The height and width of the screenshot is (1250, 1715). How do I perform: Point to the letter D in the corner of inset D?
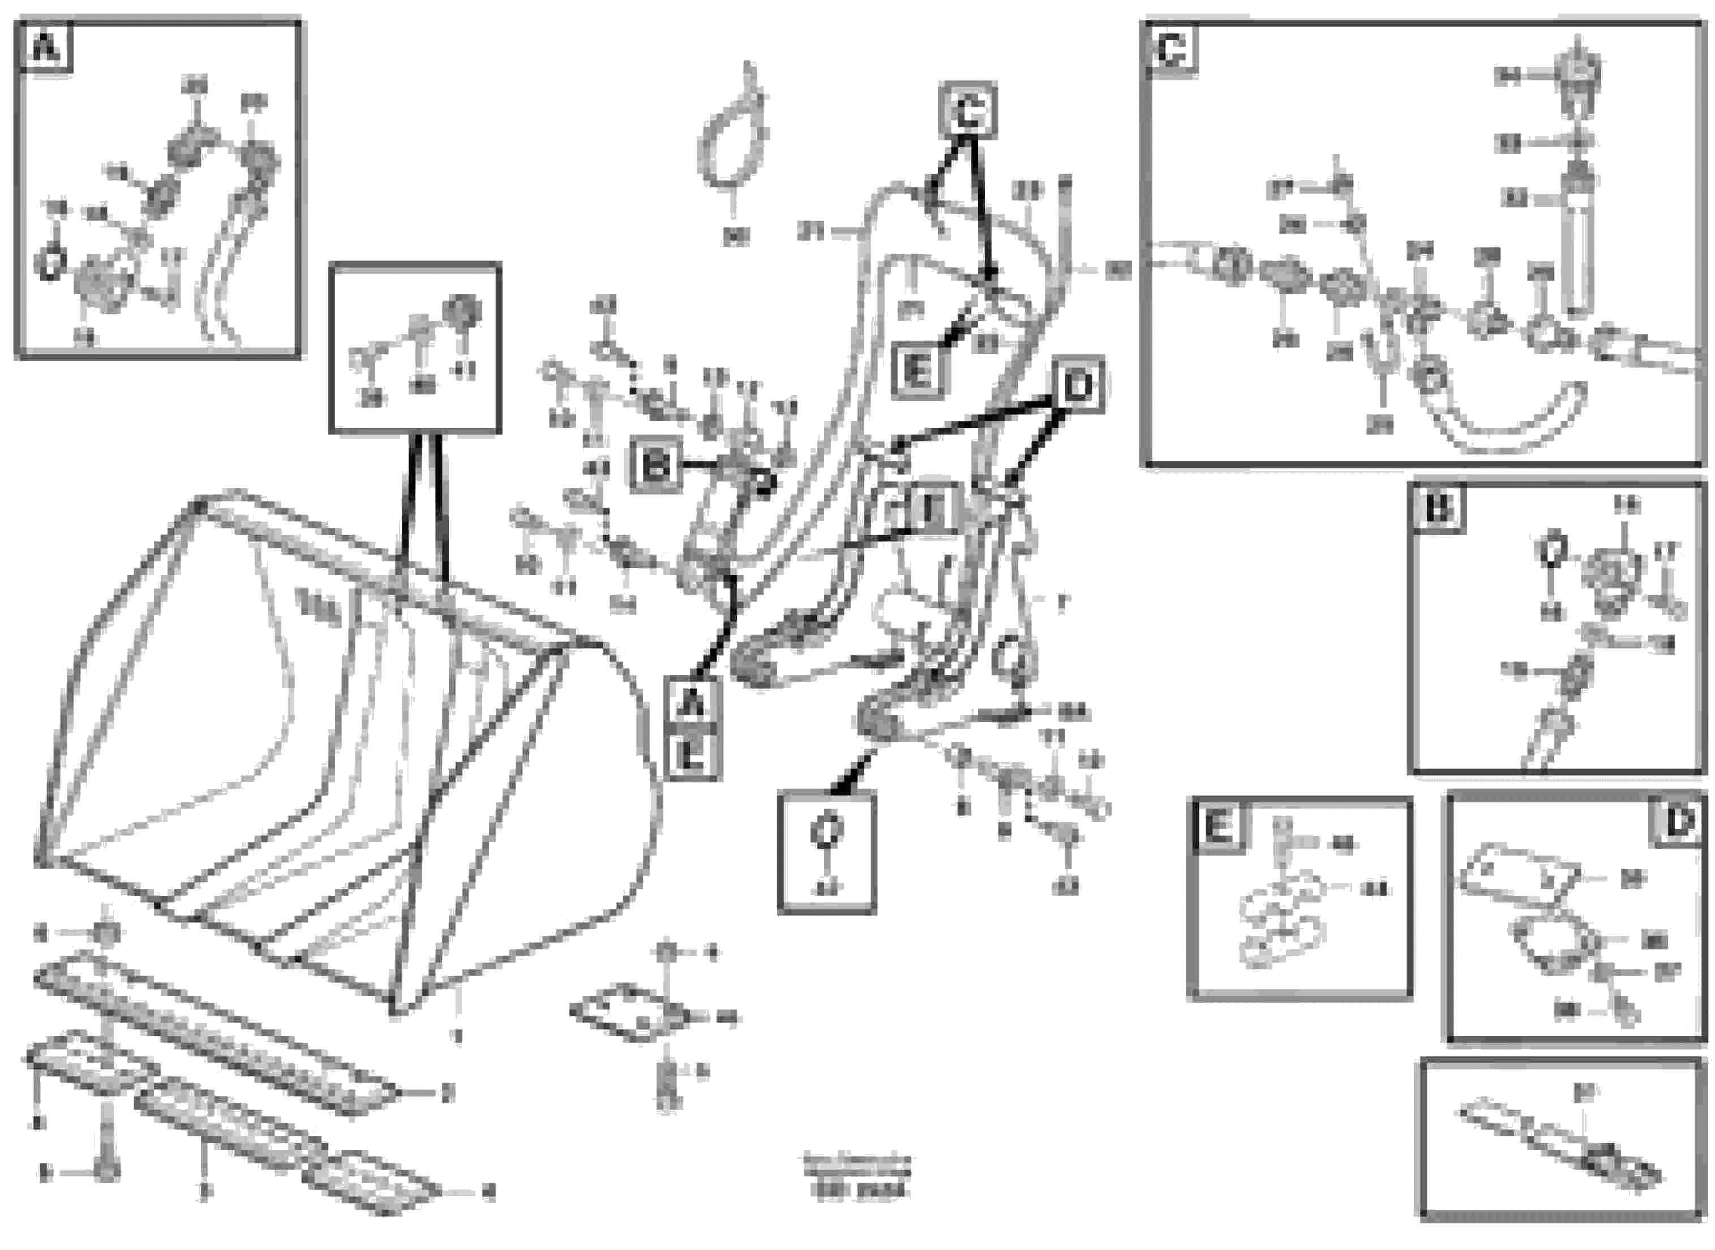pyautogui.click(x=1680, y=822)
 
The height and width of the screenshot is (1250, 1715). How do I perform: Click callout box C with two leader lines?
pyautogui.click(x=968, y=112)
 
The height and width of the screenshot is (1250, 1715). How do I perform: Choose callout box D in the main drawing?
pyautogui.click(x=1078, y=386)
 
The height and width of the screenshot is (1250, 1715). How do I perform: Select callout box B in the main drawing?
pyautogui.click(x=655, y=466)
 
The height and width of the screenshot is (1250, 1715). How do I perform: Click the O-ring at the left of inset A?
pyautogui.click(x=49, y=264)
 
